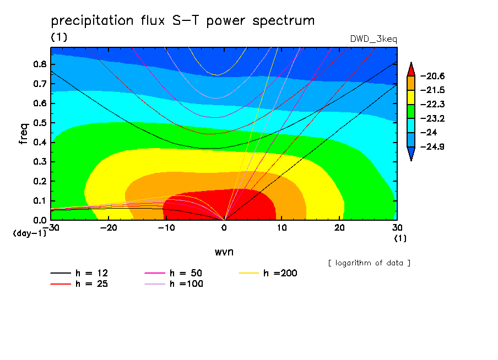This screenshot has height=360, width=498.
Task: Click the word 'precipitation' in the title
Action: coord(92,20)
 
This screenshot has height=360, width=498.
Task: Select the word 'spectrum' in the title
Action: coord(283,21)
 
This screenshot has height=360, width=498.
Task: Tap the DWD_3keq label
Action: coord(373,39)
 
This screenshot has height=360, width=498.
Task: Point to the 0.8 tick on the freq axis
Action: coord(40,64)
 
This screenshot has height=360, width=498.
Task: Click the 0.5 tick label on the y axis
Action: coord(40,123)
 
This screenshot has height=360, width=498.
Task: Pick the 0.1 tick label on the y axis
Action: coord(40,201)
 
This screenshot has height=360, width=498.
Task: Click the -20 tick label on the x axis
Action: coord(109,228)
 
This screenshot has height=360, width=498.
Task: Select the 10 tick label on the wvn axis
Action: coord(282,228)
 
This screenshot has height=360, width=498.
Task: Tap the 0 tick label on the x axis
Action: coord(224,228)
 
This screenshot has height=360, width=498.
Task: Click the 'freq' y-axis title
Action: coord(24,134)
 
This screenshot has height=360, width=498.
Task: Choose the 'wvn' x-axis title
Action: coord(224,252)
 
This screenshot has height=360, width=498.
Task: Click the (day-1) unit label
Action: coord(29,233)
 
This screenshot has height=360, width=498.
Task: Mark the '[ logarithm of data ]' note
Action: coord(369,263)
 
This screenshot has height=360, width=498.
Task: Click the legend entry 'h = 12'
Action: coord(79,273)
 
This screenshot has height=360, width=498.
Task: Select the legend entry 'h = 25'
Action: coord(79,283)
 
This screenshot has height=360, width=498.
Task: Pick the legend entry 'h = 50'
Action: coord(174,273)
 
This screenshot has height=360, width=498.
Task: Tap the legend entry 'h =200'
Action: coord(268,273)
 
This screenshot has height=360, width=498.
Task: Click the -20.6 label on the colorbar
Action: coord(432,76)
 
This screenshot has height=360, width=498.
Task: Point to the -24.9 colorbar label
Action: coord(432,146)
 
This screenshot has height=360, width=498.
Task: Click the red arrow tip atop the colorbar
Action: coord(411,63)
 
